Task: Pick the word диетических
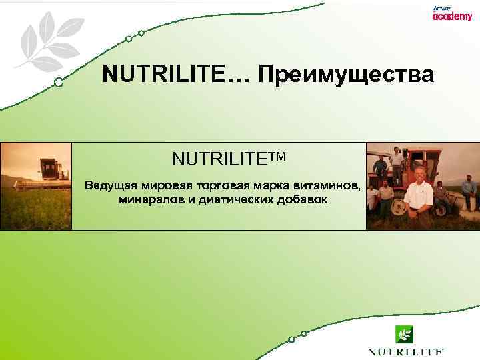pyautogui.click(x=232, y=199)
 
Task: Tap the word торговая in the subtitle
pyautogui.click(x=232, y=185)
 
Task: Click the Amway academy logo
pyautogui.click(x=451, y=14)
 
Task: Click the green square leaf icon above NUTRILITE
pyautogui.click(x=405, y=333)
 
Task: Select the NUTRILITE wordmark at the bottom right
pyautogui.click(x=405, y=351)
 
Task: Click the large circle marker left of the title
pyautogui.click(x=59, y=83)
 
